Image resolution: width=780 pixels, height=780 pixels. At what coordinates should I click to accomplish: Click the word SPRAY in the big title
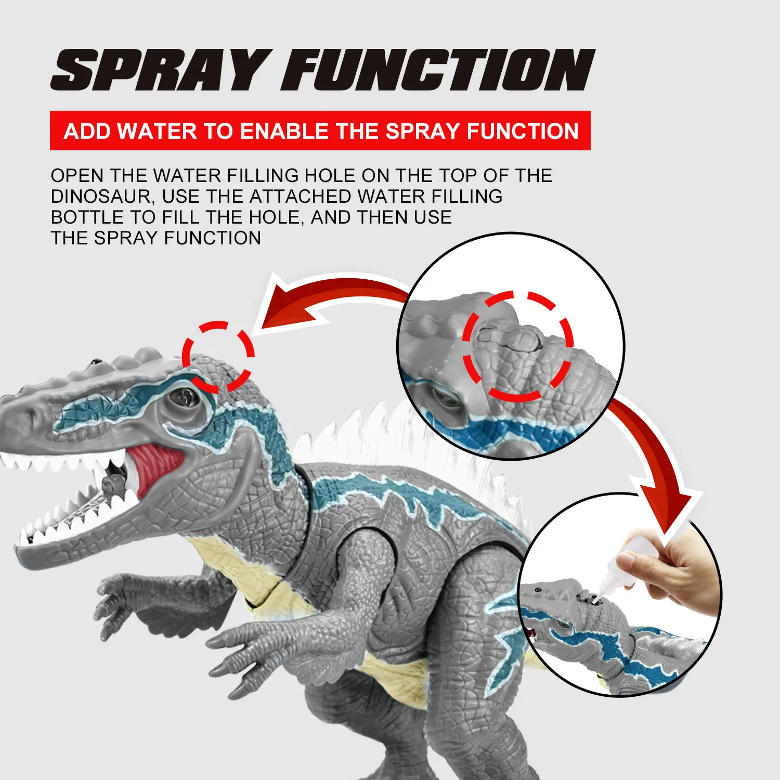pos(161,70)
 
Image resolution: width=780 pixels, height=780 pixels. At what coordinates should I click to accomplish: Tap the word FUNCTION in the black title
pos(438,70)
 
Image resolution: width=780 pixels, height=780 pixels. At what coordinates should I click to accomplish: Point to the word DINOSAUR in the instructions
pos(102,197)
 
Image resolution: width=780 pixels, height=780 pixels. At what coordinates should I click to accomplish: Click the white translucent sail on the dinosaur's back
pos(411,447)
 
